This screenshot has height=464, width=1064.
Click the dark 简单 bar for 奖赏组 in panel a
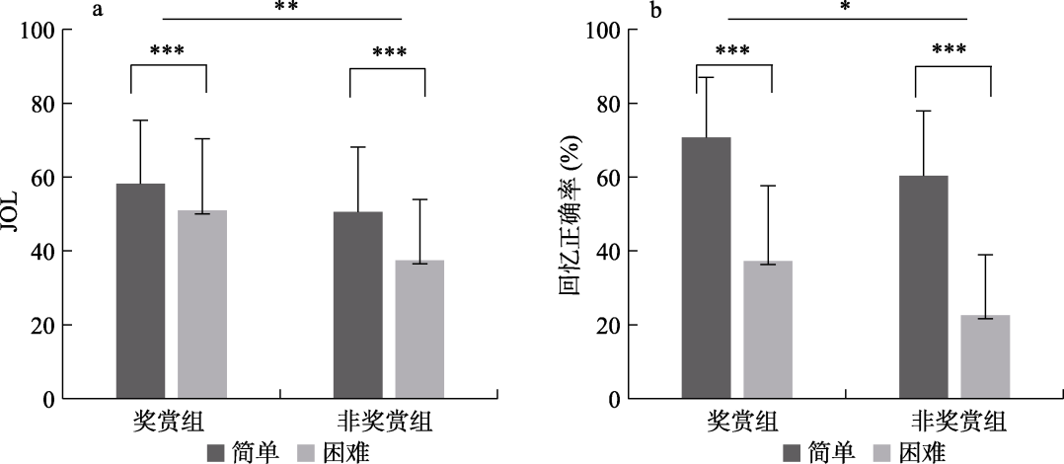[x=140, y=291]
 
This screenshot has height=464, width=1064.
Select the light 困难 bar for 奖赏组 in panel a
[x=202, y=304]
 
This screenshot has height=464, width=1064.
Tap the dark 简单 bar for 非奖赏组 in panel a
[x=357, y=305]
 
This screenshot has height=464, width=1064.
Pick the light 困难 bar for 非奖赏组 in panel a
[x=419, y=330]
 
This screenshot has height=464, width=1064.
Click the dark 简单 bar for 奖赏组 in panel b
[x=707, y=268]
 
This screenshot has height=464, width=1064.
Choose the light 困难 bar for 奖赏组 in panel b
[x=768, y=330]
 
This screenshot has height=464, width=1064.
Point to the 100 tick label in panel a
[x=38, y=30]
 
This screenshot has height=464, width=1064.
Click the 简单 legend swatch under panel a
[x=216, y=452]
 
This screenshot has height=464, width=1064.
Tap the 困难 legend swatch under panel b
[x=881, y=452]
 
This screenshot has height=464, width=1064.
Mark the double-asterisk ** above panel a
[x=286, y=8]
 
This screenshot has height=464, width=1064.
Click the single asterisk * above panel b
[x=846, y=8]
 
